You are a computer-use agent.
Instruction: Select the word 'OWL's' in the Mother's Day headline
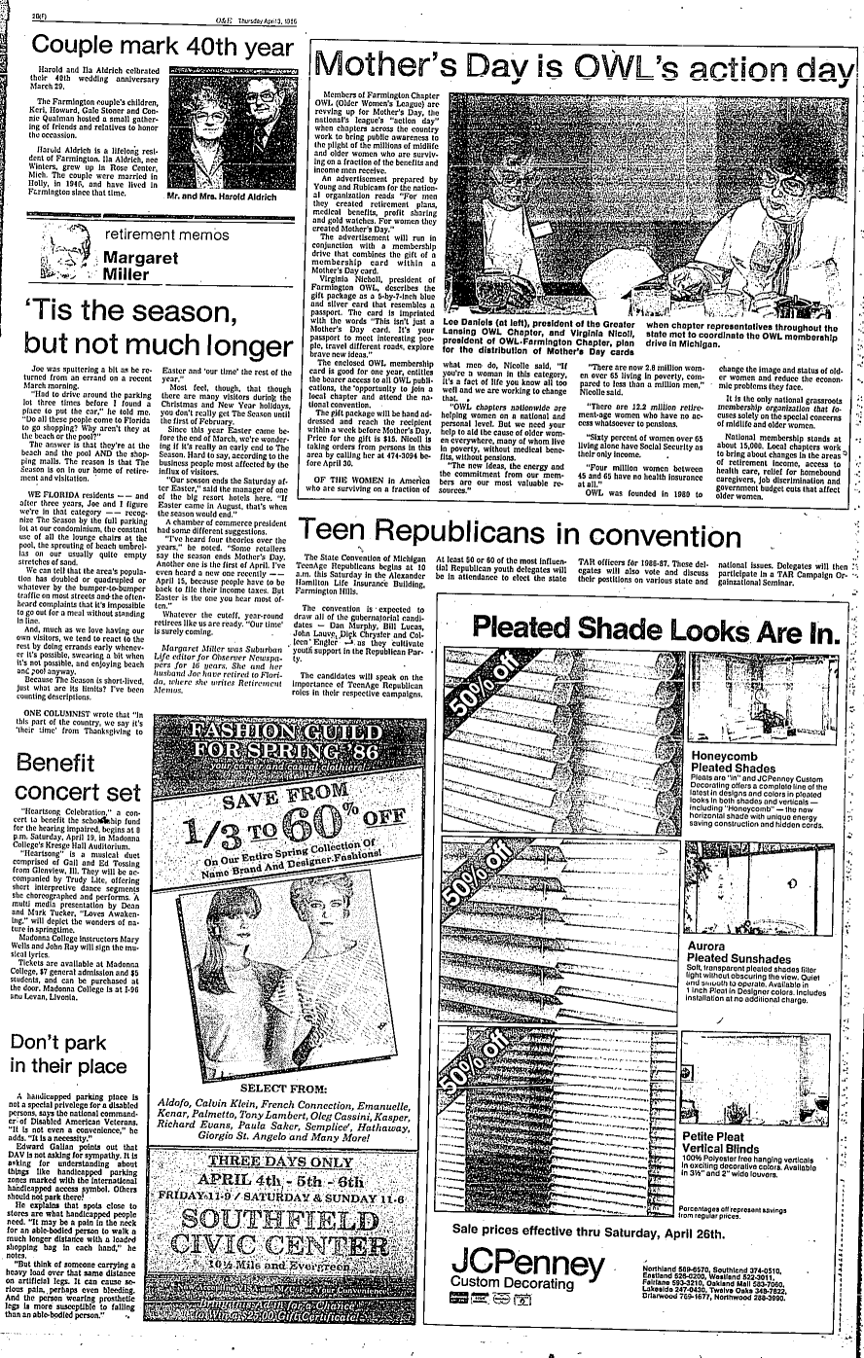pos(645,66)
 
